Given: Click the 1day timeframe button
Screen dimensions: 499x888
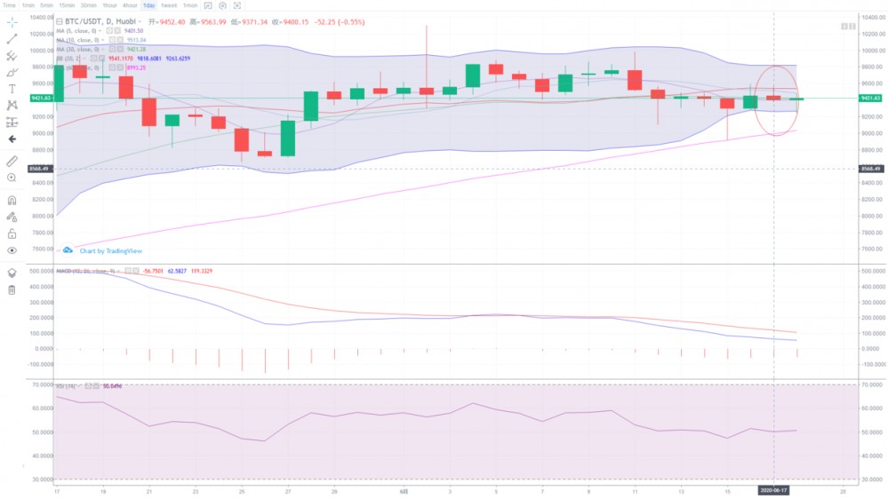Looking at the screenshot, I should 148,5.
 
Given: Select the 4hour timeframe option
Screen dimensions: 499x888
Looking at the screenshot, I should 130,5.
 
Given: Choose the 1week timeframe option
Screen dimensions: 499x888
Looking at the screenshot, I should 169,5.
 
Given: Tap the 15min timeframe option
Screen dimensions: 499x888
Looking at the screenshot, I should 67,5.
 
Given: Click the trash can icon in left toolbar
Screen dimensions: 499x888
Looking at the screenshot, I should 12,290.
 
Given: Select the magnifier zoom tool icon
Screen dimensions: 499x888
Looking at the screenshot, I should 12,178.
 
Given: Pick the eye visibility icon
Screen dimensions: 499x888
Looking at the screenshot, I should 12,250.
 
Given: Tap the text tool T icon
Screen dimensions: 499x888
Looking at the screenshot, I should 12,89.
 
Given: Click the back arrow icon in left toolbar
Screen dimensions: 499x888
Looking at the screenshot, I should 12,139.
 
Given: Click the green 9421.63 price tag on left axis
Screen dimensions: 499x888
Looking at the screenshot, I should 40,98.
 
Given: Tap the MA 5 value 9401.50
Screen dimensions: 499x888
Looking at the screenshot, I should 135,30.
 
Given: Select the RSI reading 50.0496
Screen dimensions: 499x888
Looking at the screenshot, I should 112,386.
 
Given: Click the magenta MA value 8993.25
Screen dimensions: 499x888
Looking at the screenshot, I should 136,67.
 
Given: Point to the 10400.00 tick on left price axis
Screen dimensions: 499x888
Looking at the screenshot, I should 40,18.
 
